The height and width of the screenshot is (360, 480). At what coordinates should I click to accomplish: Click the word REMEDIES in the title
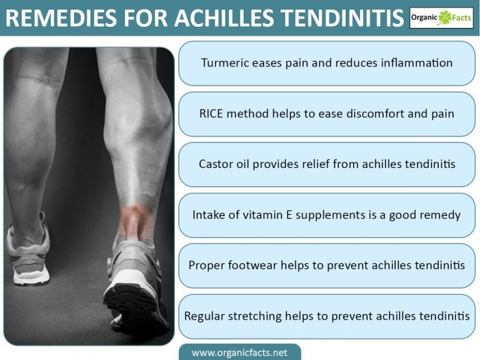(x=61, y=18)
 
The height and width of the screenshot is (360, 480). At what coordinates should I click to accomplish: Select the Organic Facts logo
(x=441, y=18)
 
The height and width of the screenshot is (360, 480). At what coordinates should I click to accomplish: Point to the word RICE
(x=211, y=114)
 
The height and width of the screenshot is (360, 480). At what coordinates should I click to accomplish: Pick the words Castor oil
(x=224, y=164)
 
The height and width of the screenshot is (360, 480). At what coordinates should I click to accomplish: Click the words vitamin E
(x=267, y=215)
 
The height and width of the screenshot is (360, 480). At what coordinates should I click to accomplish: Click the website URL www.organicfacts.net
(x=240, y=352)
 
